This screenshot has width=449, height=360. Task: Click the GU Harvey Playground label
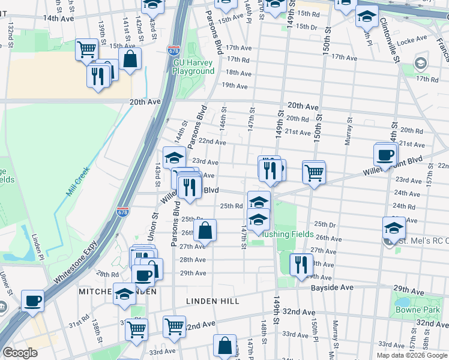pos(193,67)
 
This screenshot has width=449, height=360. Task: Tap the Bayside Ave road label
pos(332,288)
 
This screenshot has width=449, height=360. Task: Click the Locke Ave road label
pos(411,42)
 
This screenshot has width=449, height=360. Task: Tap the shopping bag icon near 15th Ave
pos(130,59)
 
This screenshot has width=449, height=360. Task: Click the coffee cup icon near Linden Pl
pos(32,300)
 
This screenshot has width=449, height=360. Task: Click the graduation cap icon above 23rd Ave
pos(174,157)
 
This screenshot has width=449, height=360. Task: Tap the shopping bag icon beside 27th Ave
pos(205,230)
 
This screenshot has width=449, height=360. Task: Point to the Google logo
pos(20,353)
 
